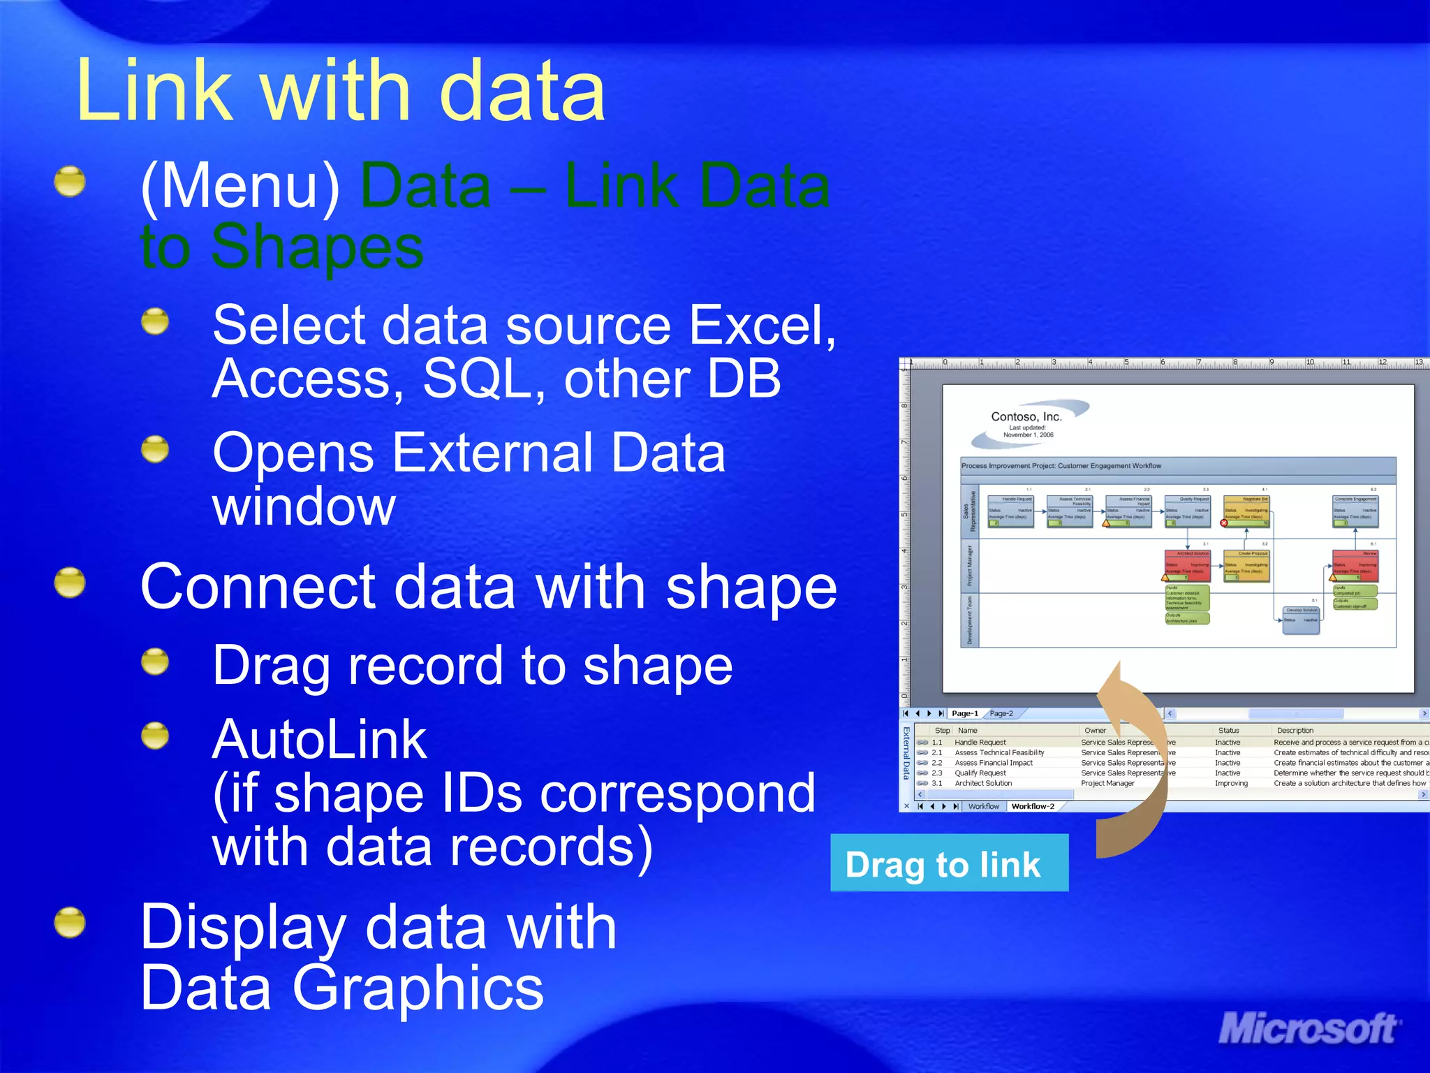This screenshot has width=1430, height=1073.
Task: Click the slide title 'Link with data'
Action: [341, 91]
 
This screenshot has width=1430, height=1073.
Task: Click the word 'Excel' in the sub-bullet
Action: [758, 326]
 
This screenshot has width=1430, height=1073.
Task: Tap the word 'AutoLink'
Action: [319, 739]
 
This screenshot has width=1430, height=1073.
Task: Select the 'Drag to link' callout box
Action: [948, 863]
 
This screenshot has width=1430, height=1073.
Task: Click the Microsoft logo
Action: [1307, 1030]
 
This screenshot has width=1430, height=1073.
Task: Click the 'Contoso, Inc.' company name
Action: [1026, 416]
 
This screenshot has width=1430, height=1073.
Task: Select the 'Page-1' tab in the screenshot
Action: [964, 713]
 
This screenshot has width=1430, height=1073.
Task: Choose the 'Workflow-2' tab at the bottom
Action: [1032, 806]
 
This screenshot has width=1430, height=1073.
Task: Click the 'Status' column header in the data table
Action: [1228, 730]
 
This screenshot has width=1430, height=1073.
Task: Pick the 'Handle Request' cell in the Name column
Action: [980, 743]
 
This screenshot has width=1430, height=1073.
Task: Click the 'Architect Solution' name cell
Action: [982, 783]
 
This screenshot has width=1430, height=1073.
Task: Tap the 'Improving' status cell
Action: [1230, 783]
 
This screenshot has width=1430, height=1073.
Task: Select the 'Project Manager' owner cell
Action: [1107, 783]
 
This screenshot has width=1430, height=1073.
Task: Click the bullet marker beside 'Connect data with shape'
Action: [70, 583]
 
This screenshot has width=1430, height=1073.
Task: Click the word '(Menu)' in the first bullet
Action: [240, 186]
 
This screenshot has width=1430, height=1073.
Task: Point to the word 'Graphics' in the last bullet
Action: [418, 988]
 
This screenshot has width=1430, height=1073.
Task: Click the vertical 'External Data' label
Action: [906, 753]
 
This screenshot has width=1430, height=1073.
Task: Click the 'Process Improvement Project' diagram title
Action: [1061, 466]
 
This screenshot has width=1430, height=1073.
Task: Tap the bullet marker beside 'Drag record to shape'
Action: [155, 662]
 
